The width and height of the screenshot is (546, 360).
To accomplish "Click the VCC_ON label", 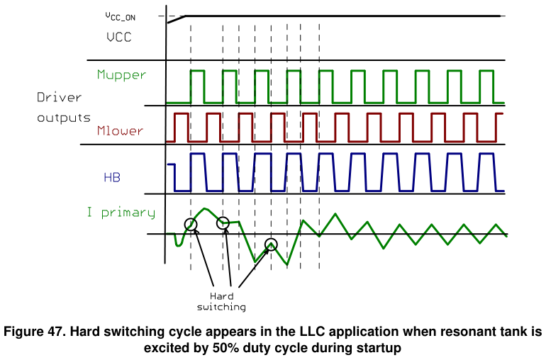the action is pyautogui.click(x=120, y=16).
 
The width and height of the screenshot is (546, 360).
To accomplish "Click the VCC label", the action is pyautogui.click(x=119, y=38).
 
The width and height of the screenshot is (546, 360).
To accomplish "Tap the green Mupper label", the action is pyautogui.click(x=121, y=75).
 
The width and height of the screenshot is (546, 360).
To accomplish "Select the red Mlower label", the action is pyautogui.click(x=120, y=130).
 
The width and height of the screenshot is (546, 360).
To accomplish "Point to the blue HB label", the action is pyautogui.click(x=112, y=178).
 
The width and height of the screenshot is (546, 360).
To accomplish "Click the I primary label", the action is pyautogui.click(x=121, y=213).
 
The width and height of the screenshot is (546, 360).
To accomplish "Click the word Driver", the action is pyautogui.click(x=59, y=97).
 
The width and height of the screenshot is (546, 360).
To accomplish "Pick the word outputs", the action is pyautogui.click(x=64, y=118).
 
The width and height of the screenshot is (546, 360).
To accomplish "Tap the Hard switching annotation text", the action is pyautogui.click(x=221, y=301).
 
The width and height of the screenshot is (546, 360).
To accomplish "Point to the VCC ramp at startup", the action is pyautogui.click(x=176, y=20).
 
